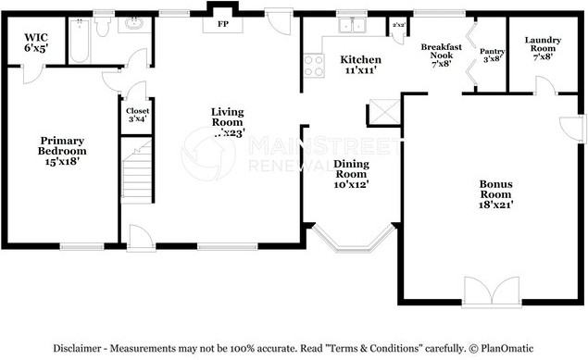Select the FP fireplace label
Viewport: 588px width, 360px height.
pyautogui.click(x=222, y=23)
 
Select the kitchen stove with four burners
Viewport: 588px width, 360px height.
pyautogui.click(x=314, y=64)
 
